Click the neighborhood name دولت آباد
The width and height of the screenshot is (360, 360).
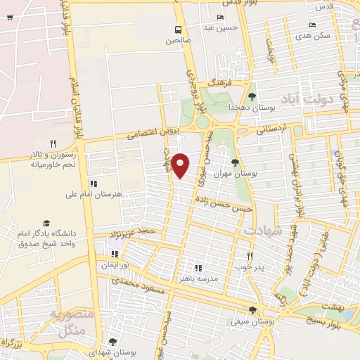(303, 99)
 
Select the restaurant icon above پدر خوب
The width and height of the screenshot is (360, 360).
(249, 256)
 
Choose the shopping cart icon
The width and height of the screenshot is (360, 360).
(8, 18)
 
